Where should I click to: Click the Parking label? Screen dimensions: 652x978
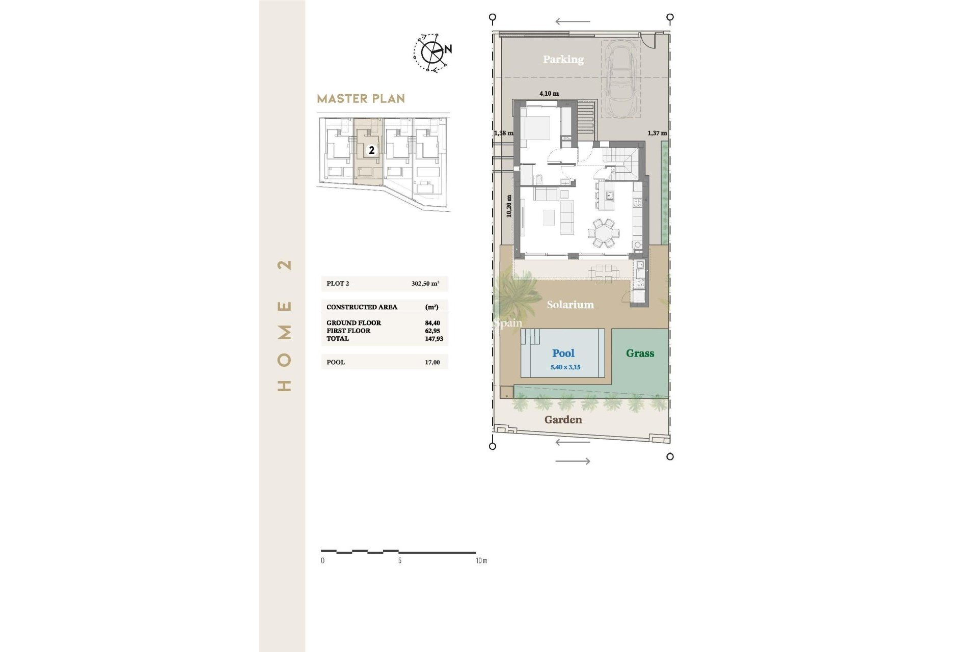click(x=563, y=59)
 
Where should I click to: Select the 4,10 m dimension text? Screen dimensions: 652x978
click(x=549, y=94)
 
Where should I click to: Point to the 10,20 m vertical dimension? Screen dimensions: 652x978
click(x=509, y=206)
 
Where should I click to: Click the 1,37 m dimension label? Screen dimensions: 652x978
click(x=657, y=133)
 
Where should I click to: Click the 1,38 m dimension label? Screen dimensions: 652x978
click(x=503, y=133)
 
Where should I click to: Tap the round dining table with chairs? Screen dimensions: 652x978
click(x=604, y=233)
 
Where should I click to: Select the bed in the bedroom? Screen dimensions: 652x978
click(x=535, y=127)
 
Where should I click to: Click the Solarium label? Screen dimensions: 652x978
click(x=570, y=305)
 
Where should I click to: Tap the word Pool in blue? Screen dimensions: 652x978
click(x=563, y=353)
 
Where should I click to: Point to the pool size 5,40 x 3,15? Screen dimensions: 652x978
click(x=565, y=367)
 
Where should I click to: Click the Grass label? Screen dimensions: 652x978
click(x=640, y=353)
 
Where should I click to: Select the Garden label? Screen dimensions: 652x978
click(x=563, y=420)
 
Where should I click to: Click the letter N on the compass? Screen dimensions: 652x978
click(x=448, y=49)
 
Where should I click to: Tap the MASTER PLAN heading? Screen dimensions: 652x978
click(x=361, y=99)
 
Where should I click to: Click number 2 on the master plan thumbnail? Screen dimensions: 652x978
click(x=372, y=150)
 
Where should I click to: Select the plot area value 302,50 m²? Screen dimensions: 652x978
click(x=425, y=284)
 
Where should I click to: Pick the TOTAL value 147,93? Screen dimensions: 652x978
click(x=433, y=339)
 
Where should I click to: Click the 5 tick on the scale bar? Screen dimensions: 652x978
click(x=399, y=560)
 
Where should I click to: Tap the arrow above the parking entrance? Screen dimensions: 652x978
click(x=573, y=22)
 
